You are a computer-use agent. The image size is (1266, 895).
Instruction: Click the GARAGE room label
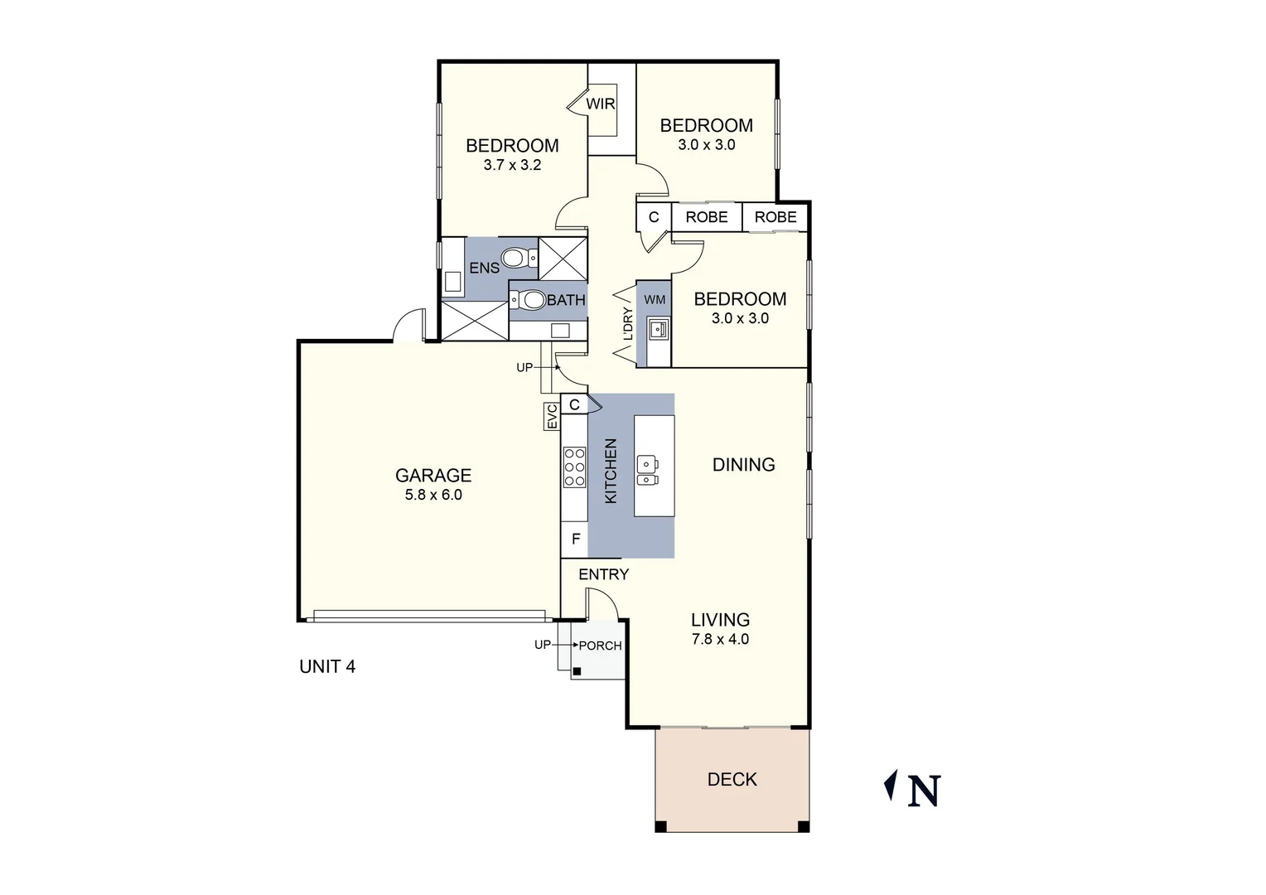click(432, 475)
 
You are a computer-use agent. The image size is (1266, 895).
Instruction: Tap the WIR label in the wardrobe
click(600, 104)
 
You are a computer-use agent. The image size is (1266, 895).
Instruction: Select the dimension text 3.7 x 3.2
click(512, 165)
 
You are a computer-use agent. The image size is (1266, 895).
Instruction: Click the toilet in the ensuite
click(515, 259)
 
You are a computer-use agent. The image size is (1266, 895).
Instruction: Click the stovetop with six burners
click(574, 467)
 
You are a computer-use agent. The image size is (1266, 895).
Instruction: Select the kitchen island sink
click(647, 471)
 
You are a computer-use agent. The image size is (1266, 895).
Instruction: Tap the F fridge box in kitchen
click(575, 539)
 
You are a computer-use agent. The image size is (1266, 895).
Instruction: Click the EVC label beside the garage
click(552, 417)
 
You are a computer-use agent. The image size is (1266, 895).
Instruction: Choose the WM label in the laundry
click(655, 299)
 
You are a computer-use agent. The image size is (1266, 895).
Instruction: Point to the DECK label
click(732, 779)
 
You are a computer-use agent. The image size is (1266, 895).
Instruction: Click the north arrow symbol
click(892, 786)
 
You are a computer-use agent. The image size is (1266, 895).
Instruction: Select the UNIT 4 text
click(327, 666)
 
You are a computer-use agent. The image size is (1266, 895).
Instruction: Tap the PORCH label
click(600, 646)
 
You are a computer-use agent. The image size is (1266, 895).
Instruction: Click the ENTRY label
click(603, 574)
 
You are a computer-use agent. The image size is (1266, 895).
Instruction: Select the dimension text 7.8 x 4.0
click(721, 639)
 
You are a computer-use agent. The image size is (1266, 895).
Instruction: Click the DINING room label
click(743, 465)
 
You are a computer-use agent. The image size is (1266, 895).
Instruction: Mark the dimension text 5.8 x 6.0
click(432, 495)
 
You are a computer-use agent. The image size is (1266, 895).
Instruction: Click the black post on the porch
click(577, 671)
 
